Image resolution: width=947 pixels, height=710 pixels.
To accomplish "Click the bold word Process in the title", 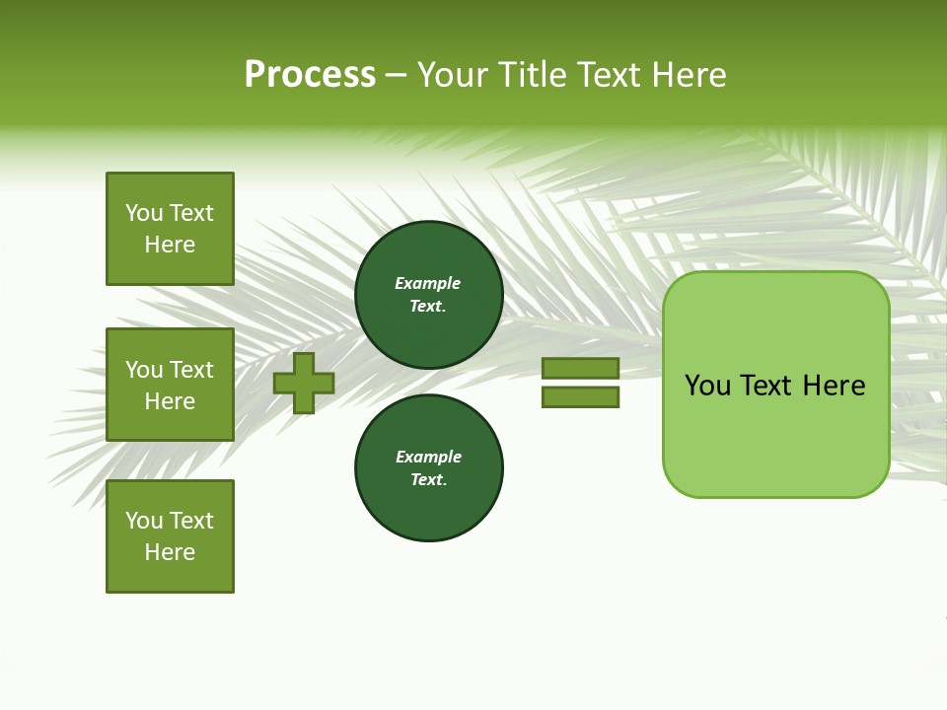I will (310, 74).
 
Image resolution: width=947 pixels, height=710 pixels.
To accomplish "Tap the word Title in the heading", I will (529, 74).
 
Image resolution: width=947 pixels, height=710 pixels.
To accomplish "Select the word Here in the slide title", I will (688, 74).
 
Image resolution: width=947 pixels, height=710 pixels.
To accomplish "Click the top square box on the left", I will (170, 229).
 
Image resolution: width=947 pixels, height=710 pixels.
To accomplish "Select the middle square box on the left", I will (170, 385).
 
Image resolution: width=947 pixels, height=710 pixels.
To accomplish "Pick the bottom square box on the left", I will (170, 536).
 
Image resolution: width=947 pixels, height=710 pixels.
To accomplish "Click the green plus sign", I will (304, 383).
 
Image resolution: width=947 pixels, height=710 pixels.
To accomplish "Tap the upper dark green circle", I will (429, 295).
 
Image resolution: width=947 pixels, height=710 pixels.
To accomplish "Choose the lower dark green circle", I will (429, 468).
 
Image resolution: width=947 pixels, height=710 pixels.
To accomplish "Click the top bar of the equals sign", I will (580, 368).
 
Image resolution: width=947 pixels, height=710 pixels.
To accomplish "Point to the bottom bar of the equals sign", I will (580, 397).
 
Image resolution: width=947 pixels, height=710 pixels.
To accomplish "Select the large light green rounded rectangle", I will (775, 385).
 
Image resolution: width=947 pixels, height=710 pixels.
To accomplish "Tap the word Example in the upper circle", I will (428, 283).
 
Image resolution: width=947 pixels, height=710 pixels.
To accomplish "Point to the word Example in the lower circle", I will (428, 457).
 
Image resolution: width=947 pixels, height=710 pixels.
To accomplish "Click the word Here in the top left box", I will (170, 245).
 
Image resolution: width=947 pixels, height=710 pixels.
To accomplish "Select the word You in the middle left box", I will (144, 370).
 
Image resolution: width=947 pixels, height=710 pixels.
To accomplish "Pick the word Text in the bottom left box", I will (191, 521).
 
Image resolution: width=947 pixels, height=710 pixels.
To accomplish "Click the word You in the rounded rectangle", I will (707, 386).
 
